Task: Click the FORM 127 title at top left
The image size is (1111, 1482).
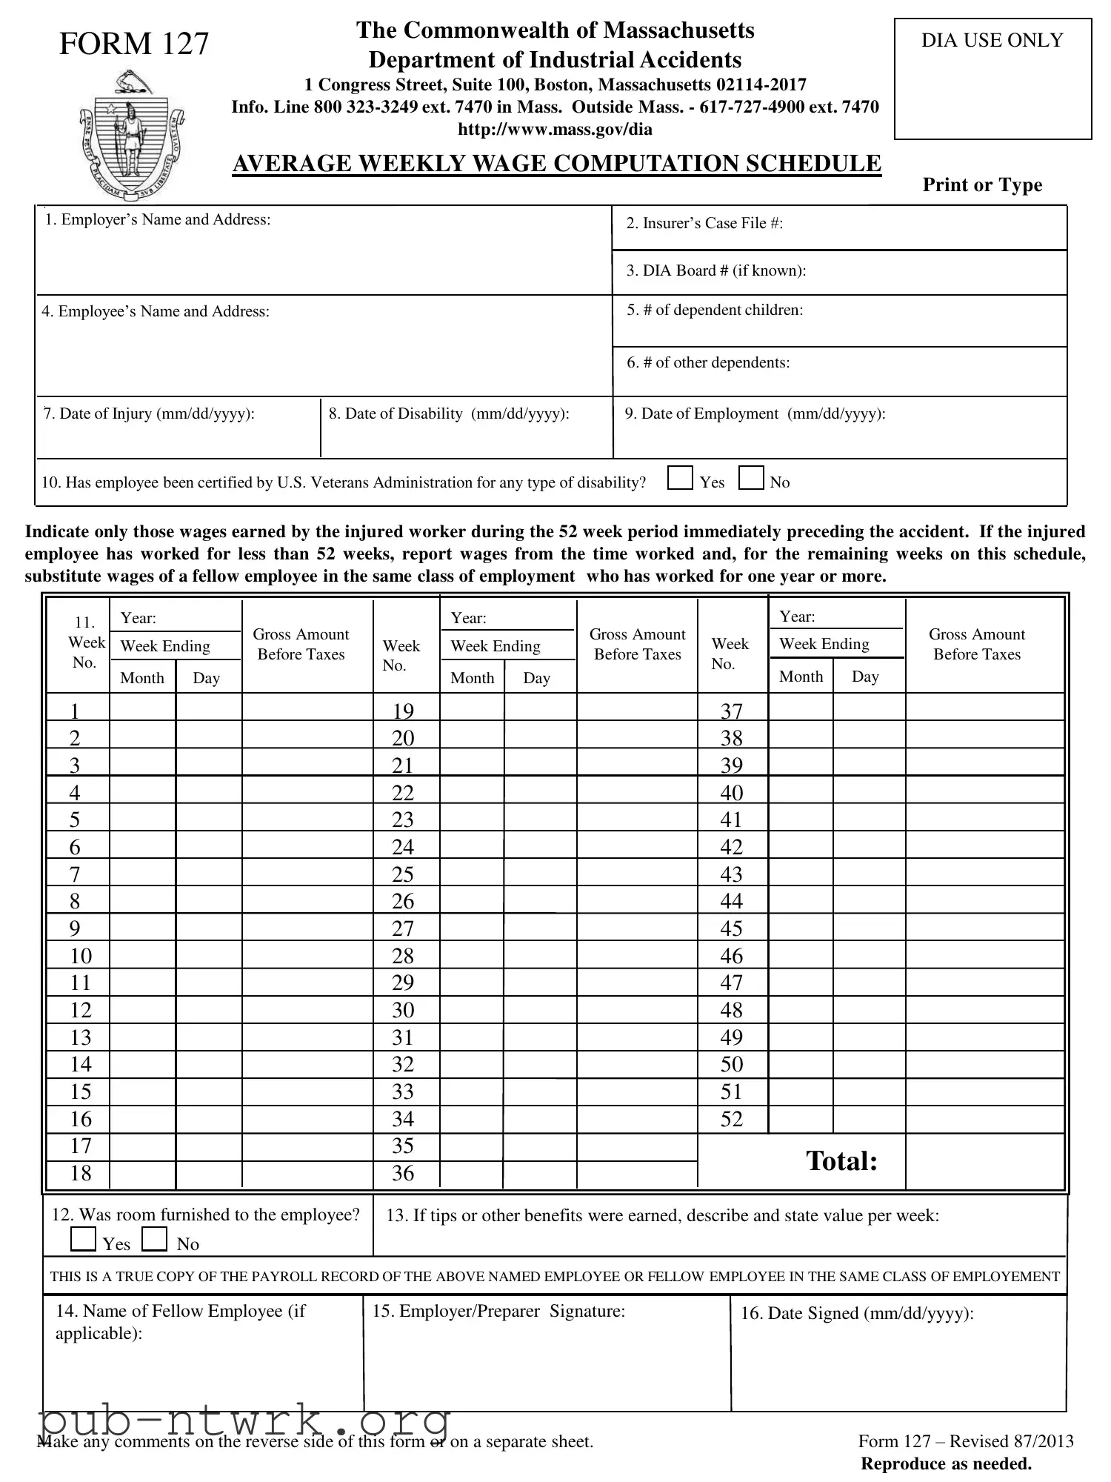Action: tap(134, 44)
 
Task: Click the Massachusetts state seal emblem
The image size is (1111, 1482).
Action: tap(131, 135)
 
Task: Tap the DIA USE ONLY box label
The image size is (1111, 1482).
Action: tap(992, 41)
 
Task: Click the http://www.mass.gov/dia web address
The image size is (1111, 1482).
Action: tap(555, 130)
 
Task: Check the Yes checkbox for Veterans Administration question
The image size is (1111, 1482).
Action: tap(679, 479)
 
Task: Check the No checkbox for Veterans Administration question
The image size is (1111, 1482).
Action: tap(751, 479)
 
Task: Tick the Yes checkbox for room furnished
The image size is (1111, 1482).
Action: tap(83, 1238)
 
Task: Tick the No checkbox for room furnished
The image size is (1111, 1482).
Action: tap(154, 1238)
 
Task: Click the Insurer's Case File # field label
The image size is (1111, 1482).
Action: tap(704, 224)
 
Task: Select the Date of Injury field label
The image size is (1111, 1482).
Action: tap(149, 414)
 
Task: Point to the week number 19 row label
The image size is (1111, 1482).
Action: tap(403, 711)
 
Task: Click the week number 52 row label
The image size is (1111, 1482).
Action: tap(731, 1119)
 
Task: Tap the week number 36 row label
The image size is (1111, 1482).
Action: tap(403, 1173)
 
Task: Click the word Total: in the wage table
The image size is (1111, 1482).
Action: tap(841, 1161)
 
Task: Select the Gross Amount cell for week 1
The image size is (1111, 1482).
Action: tap(307, 708)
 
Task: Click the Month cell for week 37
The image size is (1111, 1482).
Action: tap(801, 708)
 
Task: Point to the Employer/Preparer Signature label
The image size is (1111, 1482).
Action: tap(498, 1311)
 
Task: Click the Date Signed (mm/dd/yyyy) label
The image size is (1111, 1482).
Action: tap(857, 1313)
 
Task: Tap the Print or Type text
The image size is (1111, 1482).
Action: tap(982, 185)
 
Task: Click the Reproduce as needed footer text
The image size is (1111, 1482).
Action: tap(946, 1463)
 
